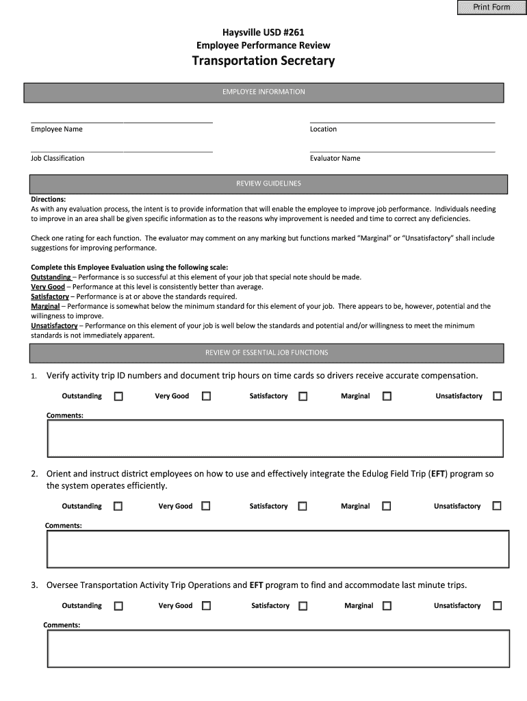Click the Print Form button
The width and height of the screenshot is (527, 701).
pos(491,8)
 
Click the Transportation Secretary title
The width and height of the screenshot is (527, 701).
pos(263,61)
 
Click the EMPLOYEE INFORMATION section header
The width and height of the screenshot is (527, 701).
pos(263,92)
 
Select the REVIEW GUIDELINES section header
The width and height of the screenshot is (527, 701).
pos(268,184)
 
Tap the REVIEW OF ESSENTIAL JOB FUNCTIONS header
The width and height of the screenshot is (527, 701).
pos(266,353)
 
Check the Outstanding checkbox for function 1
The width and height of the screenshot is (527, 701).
pos(118,396)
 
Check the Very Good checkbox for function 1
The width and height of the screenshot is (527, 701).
pos(206,396)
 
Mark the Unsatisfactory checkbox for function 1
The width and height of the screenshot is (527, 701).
pos(498,396)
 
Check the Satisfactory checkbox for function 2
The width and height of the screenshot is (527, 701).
pos(303,507)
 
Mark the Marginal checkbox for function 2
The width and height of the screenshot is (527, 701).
pos(387,507)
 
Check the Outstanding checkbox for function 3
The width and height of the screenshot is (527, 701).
pos(118,606)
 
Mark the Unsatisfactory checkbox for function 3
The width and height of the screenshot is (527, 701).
pos(498,606)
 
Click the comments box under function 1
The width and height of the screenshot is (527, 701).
pos(274,438)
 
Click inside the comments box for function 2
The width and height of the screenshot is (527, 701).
pos(277,548)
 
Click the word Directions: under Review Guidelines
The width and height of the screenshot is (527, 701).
pos(48,199)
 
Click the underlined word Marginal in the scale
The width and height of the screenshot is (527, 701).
pos(45,307)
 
